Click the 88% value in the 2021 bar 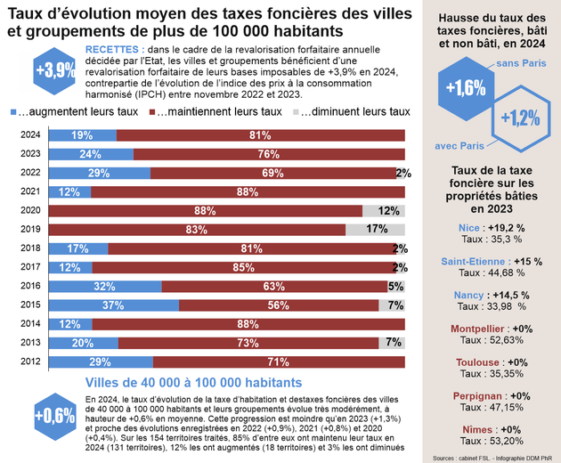click(236, 192)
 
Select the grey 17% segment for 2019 click(375, 230)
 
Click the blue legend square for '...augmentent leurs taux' click(13, 112)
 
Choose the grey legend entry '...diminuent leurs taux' click(351, 112)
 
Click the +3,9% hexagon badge click(55, 70)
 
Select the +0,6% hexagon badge click(55, 415)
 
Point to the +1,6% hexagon click(466, 87)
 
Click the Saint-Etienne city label click(475, 261)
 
